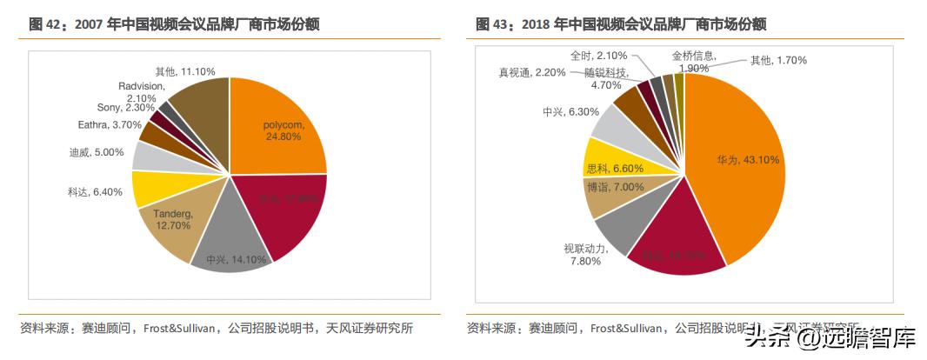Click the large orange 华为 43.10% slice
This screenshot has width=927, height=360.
739,161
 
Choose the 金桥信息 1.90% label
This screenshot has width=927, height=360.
694,61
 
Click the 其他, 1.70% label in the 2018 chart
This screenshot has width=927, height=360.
778,60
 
